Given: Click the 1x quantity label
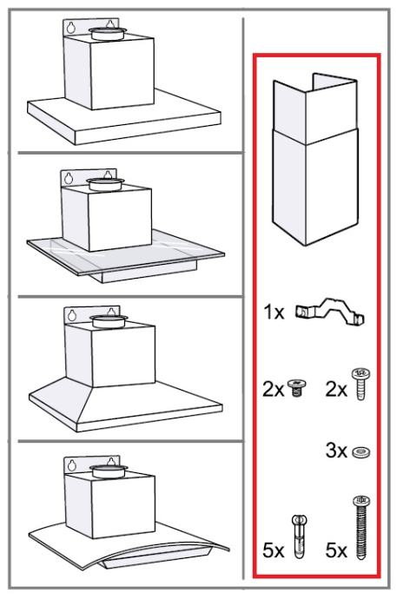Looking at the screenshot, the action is click(x=274, y=313).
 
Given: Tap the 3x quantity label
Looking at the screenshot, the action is click(x=336, y=451).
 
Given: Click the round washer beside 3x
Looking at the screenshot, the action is click(x=361, y=452).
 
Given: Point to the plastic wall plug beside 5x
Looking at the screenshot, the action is click(x=300, y=535).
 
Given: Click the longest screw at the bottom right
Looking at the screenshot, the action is click(x=360, y=527).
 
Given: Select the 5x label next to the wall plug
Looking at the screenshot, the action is click(x=274, y=550).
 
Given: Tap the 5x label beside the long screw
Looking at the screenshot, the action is click(x=336, y=550).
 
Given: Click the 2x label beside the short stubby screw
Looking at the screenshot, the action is click(x=274, y=390).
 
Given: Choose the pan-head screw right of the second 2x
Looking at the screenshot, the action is click(x=360, y=384).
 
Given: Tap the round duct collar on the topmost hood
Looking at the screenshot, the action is click(x=108, y=33).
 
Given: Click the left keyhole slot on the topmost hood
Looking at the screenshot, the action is click(x=71, y=28).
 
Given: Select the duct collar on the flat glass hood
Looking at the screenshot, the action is click(x=106, y=184).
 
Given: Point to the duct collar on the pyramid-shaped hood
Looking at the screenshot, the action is click(x=109, y=321).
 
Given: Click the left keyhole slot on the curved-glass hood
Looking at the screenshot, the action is click(x=72, y=465).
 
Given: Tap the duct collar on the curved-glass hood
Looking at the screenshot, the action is click(x=109, y=471).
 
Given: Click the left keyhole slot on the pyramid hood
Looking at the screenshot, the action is click(x=72, y=315).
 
